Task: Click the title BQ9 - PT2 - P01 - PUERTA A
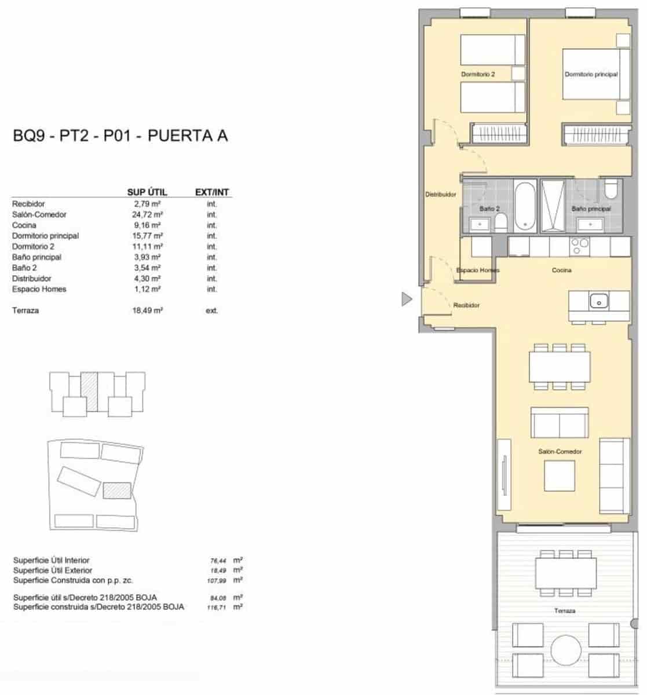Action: [120, 136]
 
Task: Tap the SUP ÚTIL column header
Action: [147, 192]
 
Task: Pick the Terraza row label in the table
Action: [25, 311]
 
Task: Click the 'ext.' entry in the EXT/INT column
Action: [212, 311]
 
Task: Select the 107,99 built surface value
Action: [218, 580]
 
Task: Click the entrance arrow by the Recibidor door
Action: [407, 299]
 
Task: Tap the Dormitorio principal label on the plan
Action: [591, 75]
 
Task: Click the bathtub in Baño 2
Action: [525, 207]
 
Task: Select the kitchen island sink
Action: [598, 301]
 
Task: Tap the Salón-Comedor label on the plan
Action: [560, 452]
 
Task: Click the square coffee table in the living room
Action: [560, 476]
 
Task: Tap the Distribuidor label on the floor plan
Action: [441, 195]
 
